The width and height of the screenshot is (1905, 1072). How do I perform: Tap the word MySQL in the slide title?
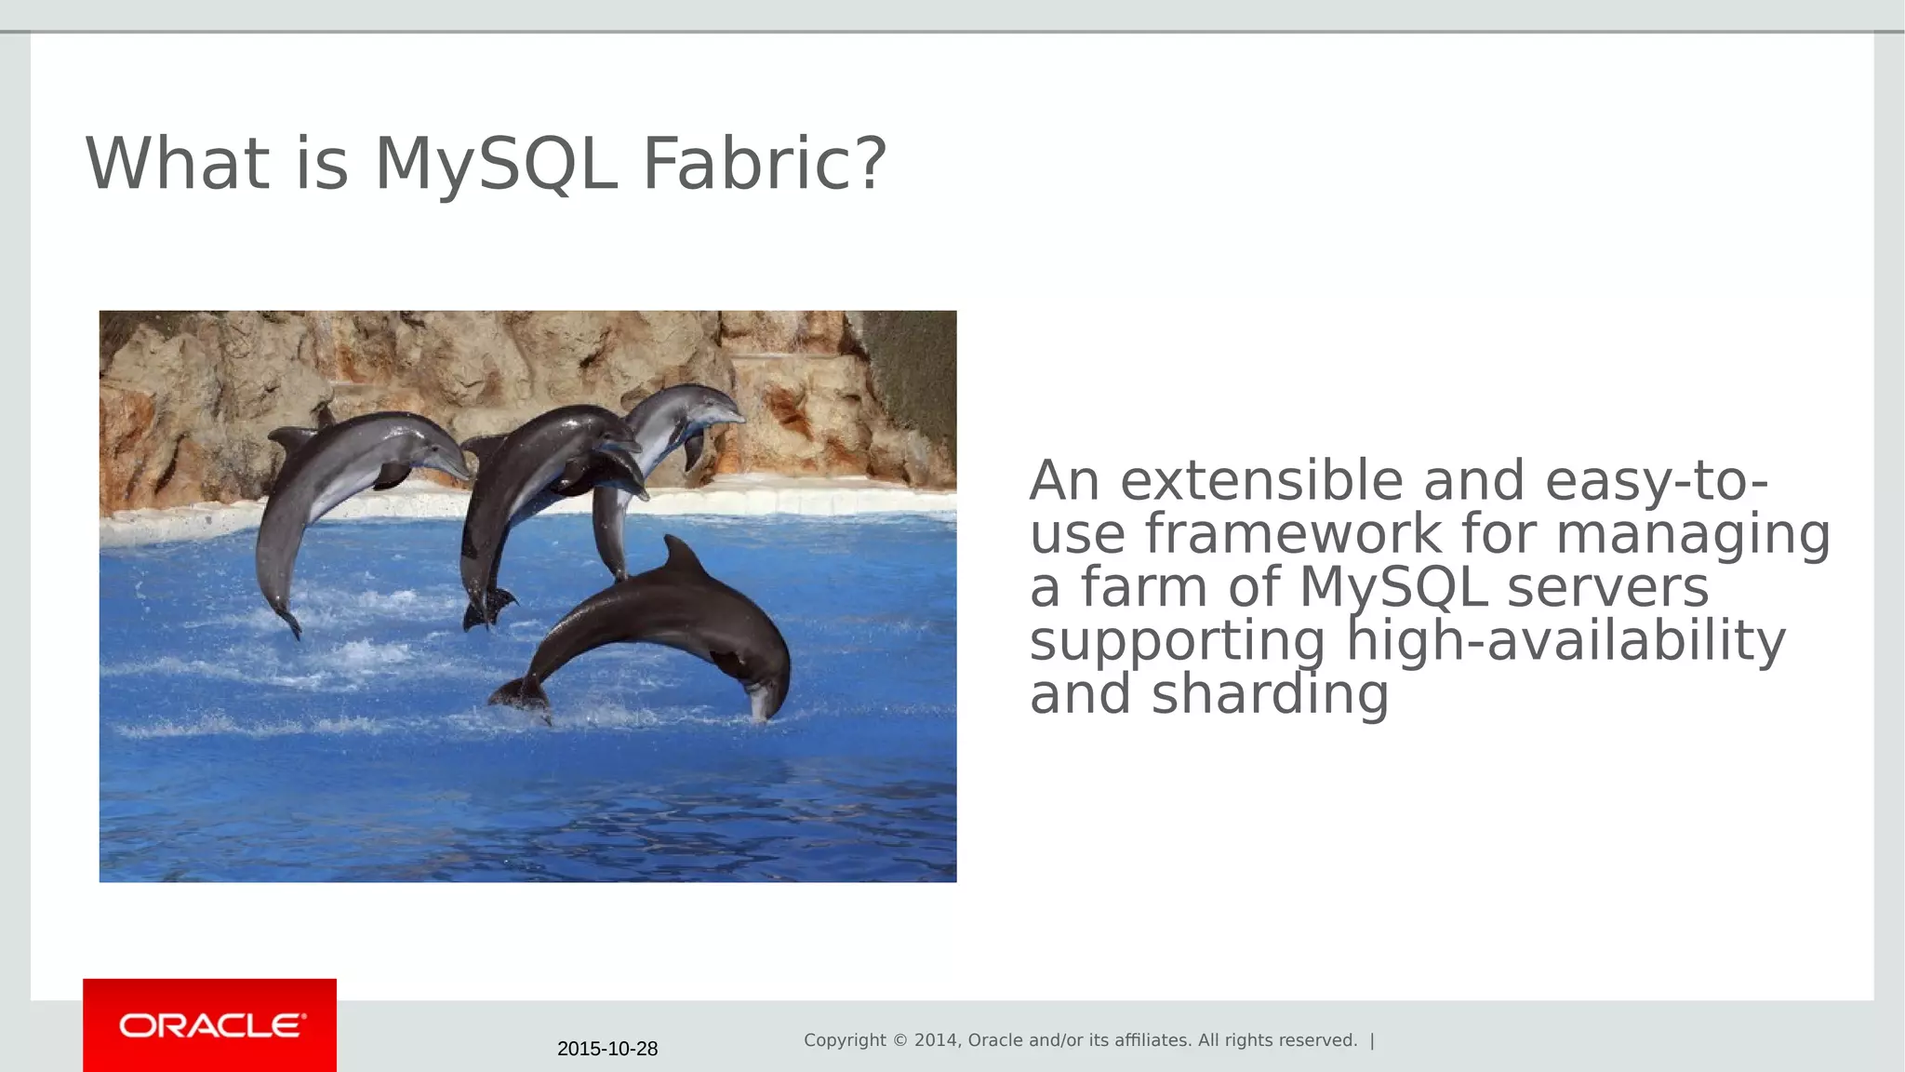click(496, 164)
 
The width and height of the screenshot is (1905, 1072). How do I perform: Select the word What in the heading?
click(177, 164)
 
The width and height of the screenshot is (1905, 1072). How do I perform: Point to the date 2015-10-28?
click(607, 1049)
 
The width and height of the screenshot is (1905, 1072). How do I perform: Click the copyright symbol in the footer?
click(900, 1040)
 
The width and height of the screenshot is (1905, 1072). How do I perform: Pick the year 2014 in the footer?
click(936, 1040)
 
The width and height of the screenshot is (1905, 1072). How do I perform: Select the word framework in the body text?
click(1292, 534)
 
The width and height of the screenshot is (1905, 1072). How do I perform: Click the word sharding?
click(1270, 695)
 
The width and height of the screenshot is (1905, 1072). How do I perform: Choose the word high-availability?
click(1565, 641)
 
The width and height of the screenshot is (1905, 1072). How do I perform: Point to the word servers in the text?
click(1607, 588)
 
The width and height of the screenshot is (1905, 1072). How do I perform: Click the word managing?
click(1692, 536)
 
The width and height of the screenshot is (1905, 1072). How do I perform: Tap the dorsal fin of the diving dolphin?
click(682, 556)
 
